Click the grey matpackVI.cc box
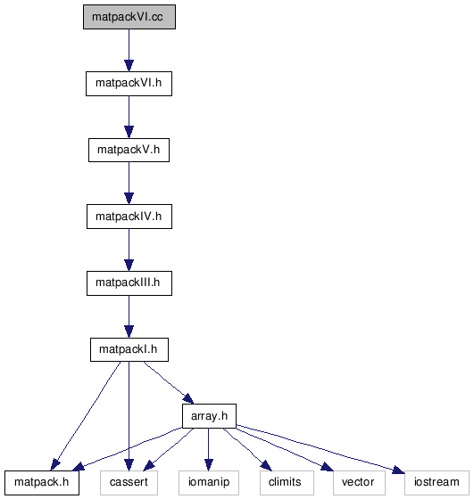(129, 17)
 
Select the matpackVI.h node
(129, 84)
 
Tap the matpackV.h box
(129, 150)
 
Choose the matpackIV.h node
(129, 217)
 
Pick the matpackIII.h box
(129, 283)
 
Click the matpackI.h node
(129, 349)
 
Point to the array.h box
(209, 416)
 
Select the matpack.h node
(42, 483)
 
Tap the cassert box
(129, 483)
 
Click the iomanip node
(209, 483)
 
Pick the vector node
(359, 483)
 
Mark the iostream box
(437, 483)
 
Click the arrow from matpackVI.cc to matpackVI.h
(129, 50)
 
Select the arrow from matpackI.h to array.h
(169, 382)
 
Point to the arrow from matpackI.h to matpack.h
(86, 416)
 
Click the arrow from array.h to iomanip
(209, 449)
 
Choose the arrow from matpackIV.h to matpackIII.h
(129, 250)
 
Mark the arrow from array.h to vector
(285, 449)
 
